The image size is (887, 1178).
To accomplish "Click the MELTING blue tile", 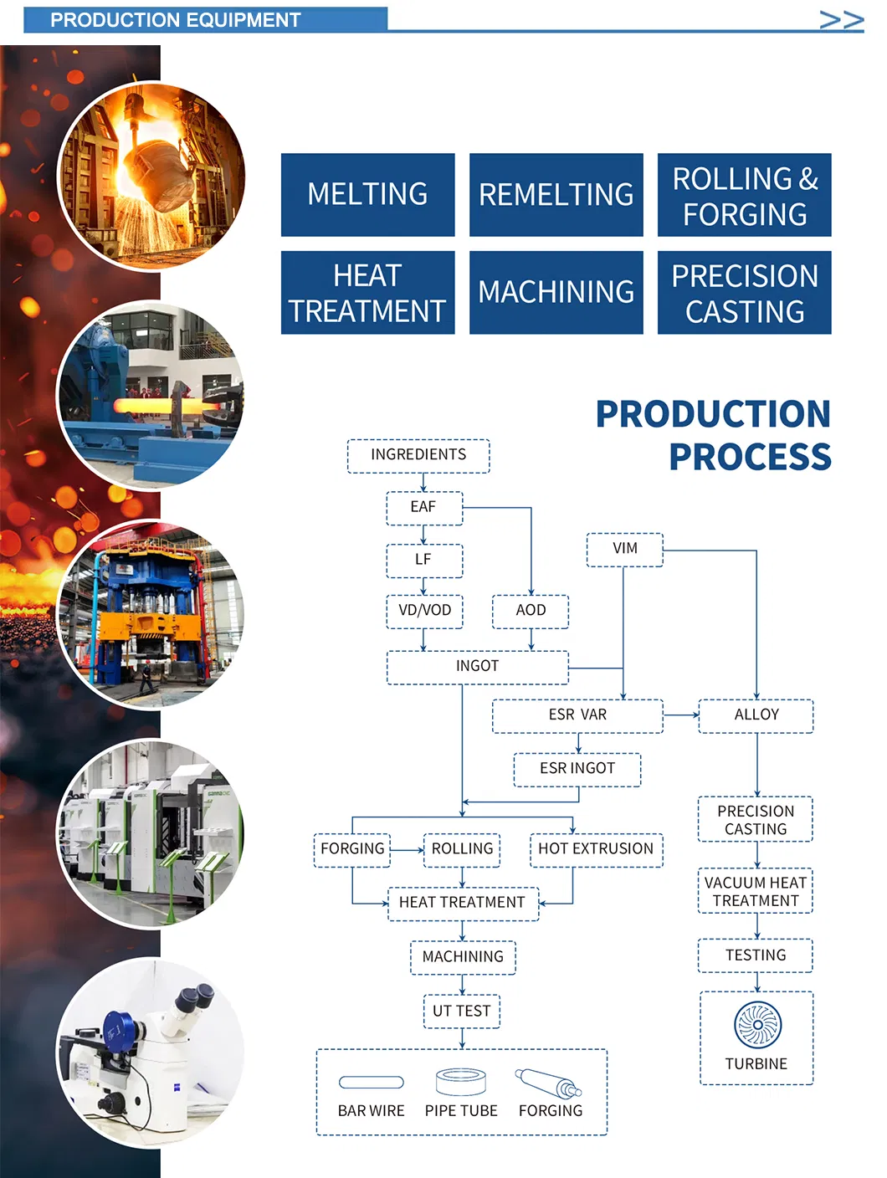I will click(x=367, y=194).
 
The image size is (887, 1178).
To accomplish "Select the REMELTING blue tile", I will click(x=556, y=194).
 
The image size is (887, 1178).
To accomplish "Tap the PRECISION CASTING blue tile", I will click(x=744, y=293).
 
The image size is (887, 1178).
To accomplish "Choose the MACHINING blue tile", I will click(x=556, y=293).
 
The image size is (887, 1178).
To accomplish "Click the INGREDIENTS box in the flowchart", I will click(x=418, y=455).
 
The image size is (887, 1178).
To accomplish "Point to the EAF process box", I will click(x=423, y=508).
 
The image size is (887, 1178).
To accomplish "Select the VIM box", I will click(x=625, y=549).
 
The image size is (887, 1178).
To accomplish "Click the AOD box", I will click(x=531, y=611).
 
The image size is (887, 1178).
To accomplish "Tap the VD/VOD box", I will click(x=424, y=611).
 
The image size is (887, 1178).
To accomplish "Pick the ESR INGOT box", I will click(x=577, y=769).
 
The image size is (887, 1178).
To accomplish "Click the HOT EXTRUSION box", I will click(x=596, y=849).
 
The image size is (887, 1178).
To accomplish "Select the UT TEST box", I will click(x=462, y=1011).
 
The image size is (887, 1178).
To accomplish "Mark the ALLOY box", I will click(x=756, y=715).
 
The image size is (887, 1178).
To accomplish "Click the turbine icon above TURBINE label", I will click(x=757, y=1024).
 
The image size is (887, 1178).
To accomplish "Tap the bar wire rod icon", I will click(x=372, y=1082).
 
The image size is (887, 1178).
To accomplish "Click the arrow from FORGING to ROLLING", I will click(x=408, y=850).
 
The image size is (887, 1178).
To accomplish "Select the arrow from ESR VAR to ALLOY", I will click(x=681, y=715).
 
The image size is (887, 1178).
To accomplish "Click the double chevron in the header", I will click(x=841, y=20).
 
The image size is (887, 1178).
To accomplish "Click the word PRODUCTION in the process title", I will click(x=713, y=414).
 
